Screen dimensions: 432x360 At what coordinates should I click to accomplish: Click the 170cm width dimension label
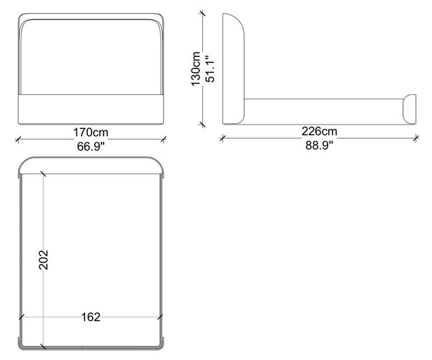[x=91, y=132]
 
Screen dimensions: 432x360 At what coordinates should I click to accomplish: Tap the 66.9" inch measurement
[x=91, y=147]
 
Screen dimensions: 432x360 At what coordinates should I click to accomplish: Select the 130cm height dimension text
[x=196, y=69]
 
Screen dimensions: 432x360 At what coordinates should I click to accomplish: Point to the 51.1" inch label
[x=210, y=69]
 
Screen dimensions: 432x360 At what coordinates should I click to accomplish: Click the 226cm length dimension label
[x=319, y=131]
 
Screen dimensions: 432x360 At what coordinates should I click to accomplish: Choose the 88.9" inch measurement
[x=319, y=145]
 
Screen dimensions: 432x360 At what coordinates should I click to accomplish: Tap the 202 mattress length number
[x=43, y=260]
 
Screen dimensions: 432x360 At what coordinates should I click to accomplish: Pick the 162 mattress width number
[x=91, y=318]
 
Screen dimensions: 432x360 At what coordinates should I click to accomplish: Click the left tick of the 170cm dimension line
[x=18, y=139]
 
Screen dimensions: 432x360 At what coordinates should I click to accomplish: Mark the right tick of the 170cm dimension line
[x=163, y=139]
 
